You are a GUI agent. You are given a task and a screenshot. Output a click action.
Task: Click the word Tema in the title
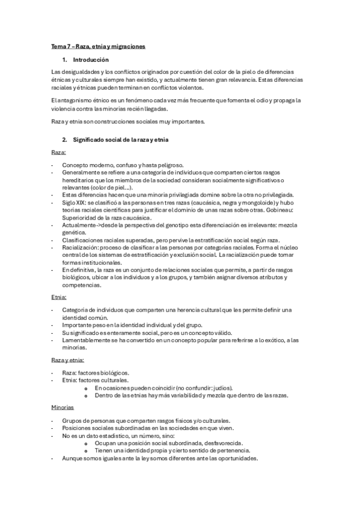point(58,46)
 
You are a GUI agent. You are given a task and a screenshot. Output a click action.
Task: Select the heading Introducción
point(91,60)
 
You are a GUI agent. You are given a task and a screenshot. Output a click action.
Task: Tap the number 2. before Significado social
point(65,140)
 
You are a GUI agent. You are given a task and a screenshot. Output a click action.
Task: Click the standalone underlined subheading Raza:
point(58,153)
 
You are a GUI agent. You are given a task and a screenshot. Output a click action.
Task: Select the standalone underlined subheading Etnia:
point(59,297)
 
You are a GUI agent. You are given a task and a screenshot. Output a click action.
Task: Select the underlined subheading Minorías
point(63,407)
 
